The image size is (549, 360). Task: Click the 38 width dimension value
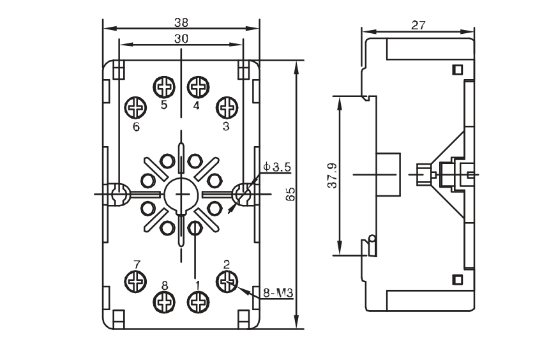181,23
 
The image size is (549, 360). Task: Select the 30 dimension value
181,38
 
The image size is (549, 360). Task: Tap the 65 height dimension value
290,194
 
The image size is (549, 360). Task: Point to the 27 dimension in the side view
418,26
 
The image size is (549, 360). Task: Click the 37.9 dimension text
332,176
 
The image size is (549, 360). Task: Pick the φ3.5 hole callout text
277,167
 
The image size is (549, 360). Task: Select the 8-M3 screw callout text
278,292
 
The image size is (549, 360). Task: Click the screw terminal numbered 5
164,87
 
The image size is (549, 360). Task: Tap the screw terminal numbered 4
198,87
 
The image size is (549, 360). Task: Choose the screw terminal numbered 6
135,107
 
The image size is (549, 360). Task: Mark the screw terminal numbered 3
227,107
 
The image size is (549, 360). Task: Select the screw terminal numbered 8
164,302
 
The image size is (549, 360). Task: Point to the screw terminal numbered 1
198,302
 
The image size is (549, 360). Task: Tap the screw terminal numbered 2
227,281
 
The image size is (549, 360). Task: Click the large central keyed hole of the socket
181,195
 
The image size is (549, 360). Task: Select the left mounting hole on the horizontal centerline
119,192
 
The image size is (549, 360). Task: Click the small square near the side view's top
457,70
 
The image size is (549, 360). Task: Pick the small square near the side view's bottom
457,280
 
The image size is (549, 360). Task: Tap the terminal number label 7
137,264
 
